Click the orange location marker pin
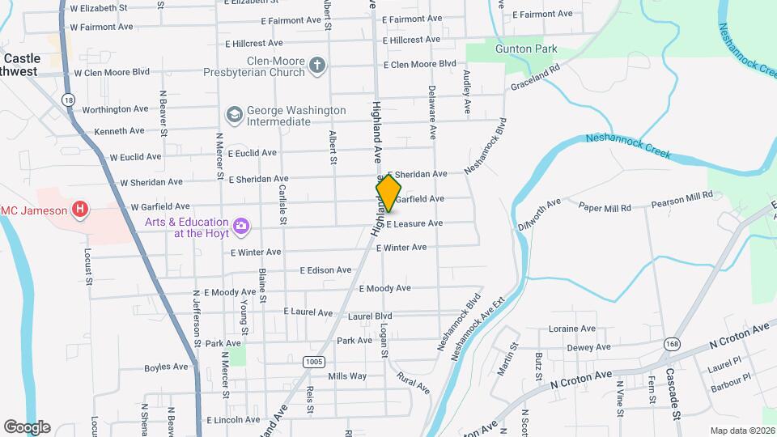388,193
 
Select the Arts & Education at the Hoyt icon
240,227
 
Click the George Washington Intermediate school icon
235,115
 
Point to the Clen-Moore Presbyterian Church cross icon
318,66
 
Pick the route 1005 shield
314,361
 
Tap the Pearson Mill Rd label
681,196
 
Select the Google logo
27,426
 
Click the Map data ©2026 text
741,431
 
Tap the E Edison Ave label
325,270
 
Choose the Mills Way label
347,376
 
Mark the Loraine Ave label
572,329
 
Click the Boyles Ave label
166,368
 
